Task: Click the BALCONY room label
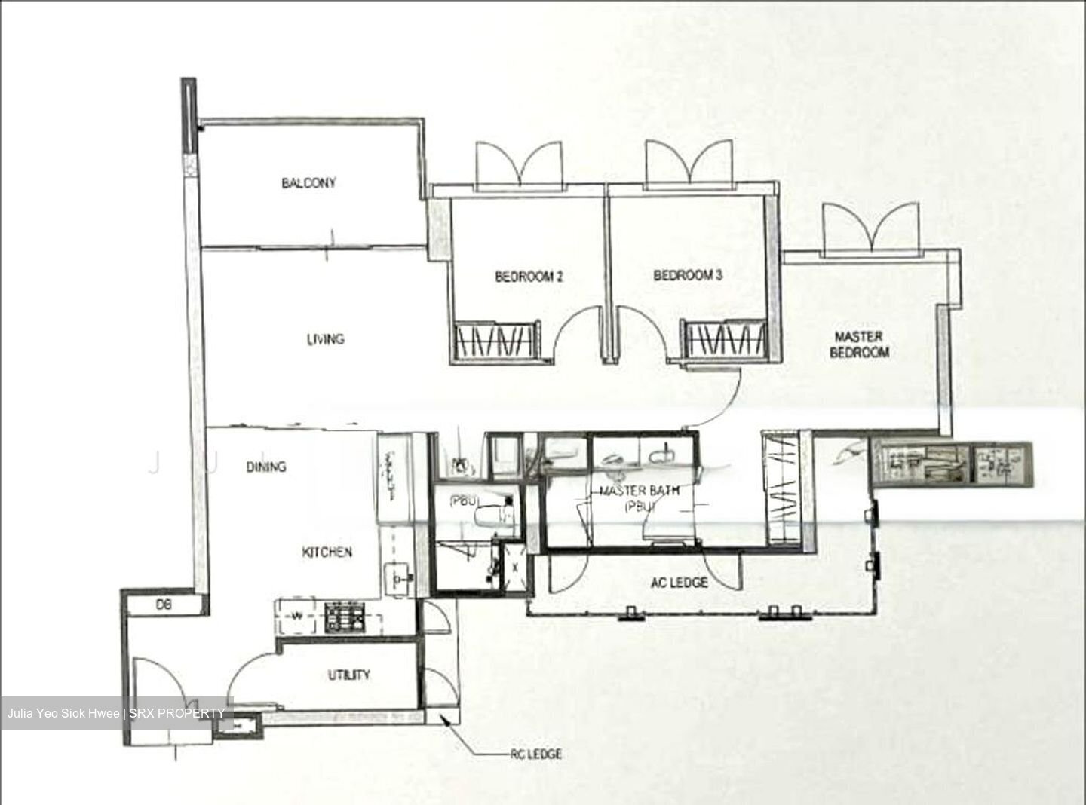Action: click(308, 183)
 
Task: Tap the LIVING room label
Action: click(325, 339)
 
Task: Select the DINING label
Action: click(266, 467)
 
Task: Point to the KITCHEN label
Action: click(327, 552)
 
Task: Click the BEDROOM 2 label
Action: click(529, 277)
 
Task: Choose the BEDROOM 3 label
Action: click(687, 275)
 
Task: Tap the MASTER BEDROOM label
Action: click(859, 344)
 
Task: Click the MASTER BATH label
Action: click(640, 491)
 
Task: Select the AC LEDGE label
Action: click(679, 583)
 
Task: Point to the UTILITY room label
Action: click(348, 675)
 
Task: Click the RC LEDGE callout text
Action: click(535, 754)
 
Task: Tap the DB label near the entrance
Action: click(164, 605)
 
